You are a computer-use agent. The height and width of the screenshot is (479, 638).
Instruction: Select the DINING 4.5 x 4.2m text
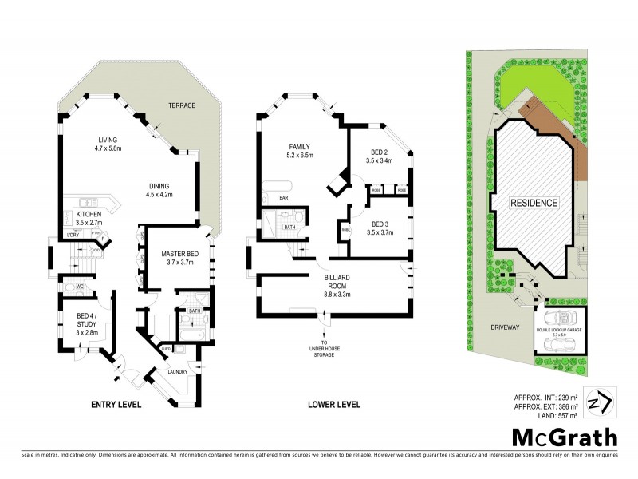click(164, 189)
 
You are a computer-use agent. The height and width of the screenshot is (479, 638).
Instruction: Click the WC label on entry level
click(70, 285)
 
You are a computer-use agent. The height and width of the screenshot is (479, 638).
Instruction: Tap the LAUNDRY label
click(178, 371)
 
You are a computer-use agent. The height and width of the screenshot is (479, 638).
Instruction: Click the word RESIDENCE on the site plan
click(534, 203)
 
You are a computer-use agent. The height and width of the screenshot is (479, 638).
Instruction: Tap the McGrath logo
click(564, 438)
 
